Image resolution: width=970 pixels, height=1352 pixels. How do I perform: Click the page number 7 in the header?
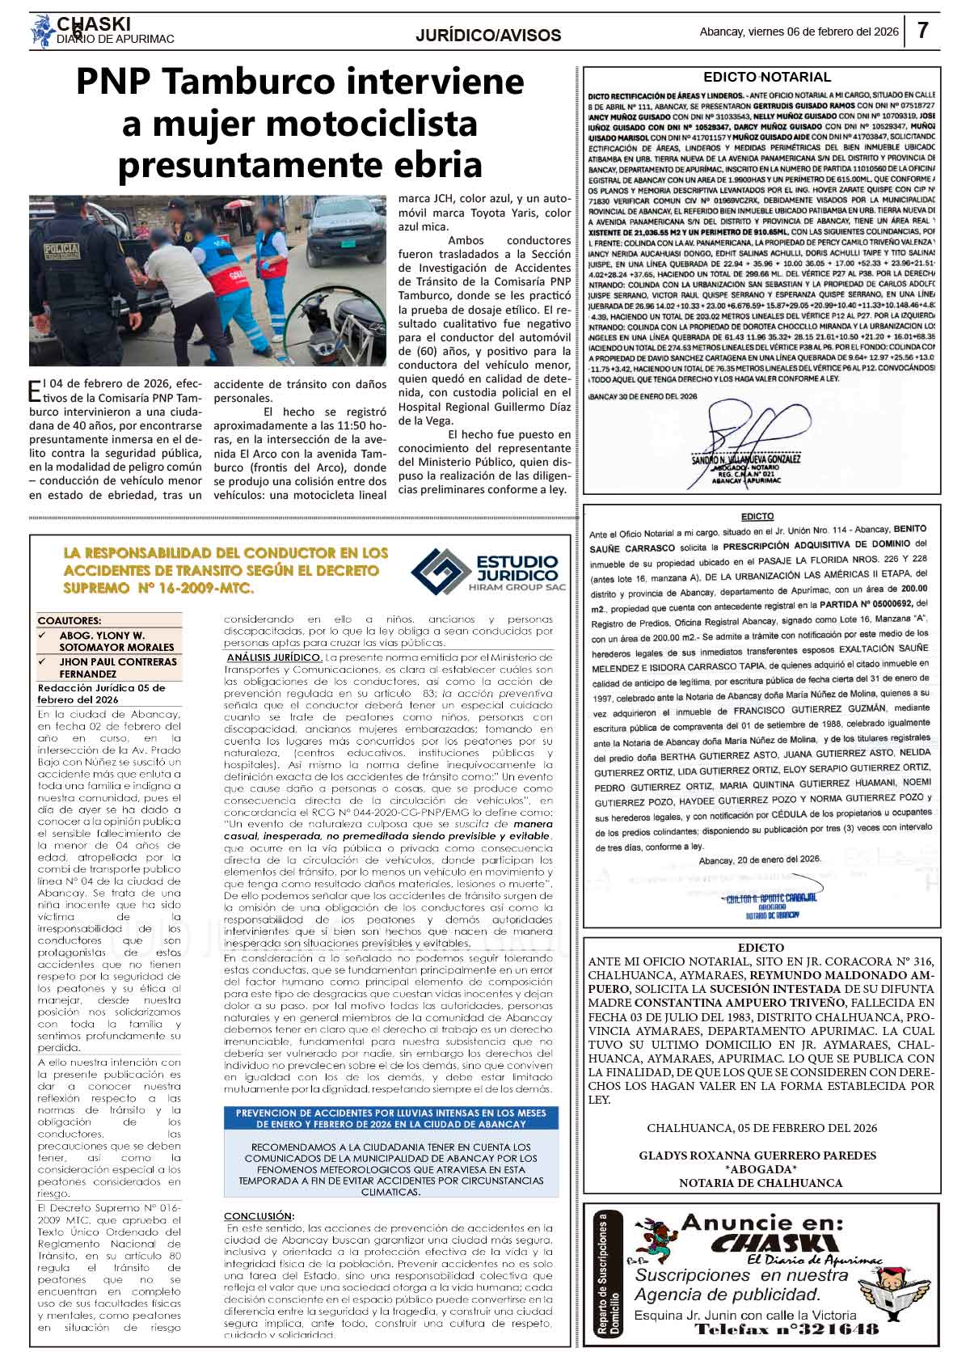pyautogui.click(x=923, y=32)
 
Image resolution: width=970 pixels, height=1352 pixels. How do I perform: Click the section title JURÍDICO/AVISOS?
pyautogui.click(x=488, y=36)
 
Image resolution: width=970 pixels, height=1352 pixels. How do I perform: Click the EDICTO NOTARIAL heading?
pyautogui.click(x=766, y=78)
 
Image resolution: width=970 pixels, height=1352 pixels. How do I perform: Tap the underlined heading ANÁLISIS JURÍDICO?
pyautogui.click(x=275, y=657)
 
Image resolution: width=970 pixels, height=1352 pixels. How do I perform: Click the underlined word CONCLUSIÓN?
pyautogui.click(x=259, y=1216)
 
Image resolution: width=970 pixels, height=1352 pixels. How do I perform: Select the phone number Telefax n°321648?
pyautogui.click(x=786, y=1330)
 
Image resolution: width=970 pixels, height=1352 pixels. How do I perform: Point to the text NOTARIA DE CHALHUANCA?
pyautogui.click(x=760, y=1183)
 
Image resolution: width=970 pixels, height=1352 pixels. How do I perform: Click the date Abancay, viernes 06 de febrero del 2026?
pyautogui.click(x=799, y=32)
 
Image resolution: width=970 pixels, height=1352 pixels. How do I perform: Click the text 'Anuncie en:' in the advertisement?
pyautogui.click(x=761, y=1223)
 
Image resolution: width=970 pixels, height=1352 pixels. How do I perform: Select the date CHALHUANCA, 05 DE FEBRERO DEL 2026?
pyautogui.click(x=761, y=1128)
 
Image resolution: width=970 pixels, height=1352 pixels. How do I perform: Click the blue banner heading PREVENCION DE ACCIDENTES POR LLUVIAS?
pyautogui.click(x=391, y=1118)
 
